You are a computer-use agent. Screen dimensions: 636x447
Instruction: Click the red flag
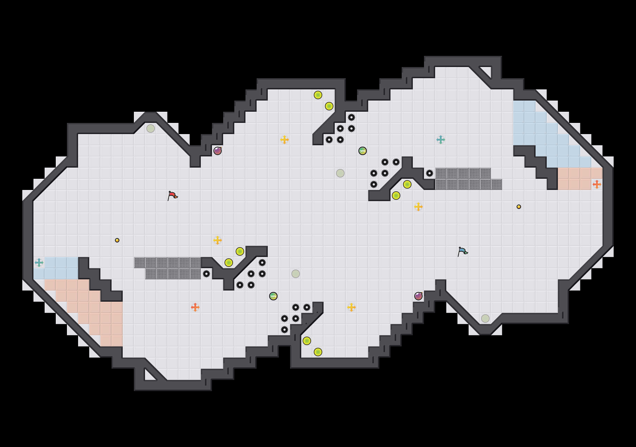click(172, 195)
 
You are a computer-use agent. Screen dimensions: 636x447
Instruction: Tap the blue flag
click(462, 251)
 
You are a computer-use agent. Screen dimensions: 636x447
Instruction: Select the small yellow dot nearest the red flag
click(117, 240)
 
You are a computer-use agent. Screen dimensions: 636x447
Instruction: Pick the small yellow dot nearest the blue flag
click(519, 207)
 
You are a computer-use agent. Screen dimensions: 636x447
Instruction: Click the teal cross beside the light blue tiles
click(39, 263)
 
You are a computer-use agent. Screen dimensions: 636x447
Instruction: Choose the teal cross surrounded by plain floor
click(441, 140)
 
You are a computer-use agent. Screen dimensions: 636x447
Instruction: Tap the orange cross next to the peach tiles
click(597, 184)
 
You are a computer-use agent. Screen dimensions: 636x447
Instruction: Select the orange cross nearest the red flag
click(195, 307)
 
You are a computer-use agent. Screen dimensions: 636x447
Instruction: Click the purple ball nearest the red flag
click(218, 151)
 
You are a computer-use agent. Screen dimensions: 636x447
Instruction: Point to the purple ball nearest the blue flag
click(418, 296)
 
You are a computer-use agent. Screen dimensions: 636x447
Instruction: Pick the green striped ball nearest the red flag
click(273, 296)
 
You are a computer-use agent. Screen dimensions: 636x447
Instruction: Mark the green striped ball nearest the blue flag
click(363, 151)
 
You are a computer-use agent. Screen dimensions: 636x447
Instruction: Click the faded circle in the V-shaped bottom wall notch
click(485, 318)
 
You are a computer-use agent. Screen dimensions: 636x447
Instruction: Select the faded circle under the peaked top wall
click(151, 129)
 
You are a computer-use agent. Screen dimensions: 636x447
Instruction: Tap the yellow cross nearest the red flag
click(218, 240)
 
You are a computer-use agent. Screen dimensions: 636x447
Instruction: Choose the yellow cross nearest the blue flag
click(418, 207)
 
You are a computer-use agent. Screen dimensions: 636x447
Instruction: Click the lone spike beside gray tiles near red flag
click(206, 274)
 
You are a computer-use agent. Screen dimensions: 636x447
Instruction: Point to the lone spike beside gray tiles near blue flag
click(430, 173)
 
